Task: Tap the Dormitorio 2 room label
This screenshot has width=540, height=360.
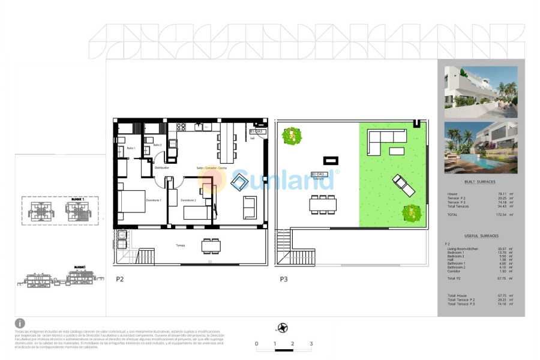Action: click(x=188, y=200)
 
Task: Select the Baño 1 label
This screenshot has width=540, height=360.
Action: click(x=131, y=148)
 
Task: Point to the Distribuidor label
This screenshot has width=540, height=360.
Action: click(x=162, y=168)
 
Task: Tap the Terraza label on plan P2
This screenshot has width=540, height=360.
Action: click(x=180, y=245)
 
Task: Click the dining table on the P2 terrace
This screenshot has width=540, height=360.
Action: click(x=211, y=245)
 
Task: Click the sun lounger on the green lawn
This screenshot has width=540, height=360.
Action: click(x=403, y=185)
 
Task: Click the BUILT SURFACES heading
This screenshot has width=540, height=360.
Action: click(x=480, y=182)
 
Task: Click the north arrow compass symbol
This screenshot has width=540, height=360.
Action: click(x=282, y=328)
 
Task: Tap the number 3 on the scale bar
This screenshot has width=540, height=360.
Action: click(x=311, y=344)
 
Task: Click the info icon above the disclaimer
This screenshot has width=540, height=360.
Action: click(x=20, y=323)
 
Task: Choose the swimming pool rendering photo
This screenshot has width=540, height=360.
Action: click(x=481, y=148)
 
